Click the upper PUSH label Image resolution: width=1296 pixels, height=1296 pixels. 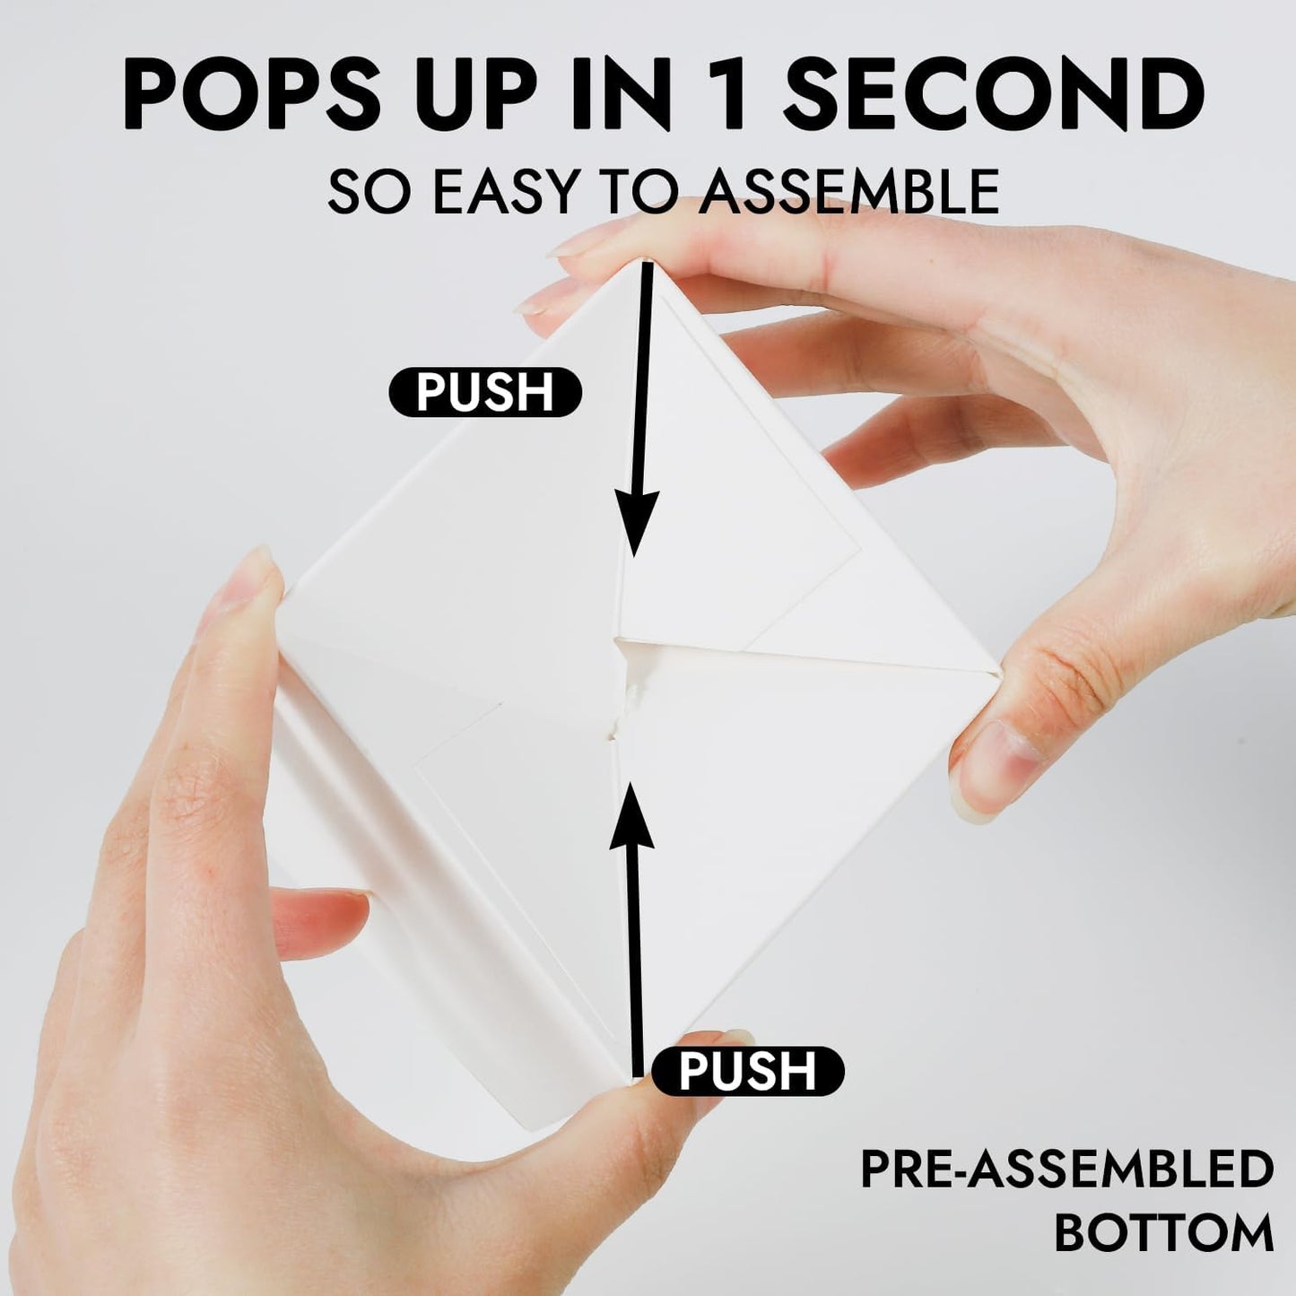click(485, 393)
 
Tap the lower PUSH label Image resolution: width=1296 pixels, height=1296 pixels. click(748, 1071)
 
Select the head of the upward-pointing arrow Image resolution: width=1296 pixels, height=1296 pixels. click(631, 812)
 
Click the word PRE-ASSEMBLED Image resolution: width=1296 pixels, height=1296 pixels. click(1067, 1170)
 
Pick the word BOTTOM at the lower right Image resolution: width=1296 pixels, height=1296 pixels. click(1163, 1232)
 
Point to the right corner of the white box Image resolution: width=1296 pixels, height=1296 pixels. click(997, 668)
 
